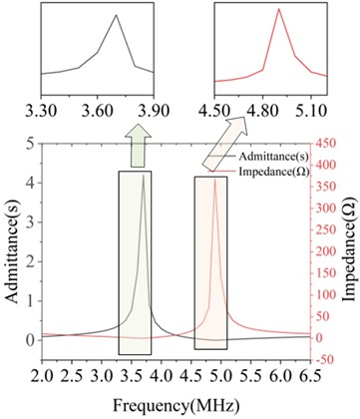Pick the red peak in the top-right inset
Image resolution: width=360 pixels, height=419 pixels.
click(278, 10)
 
